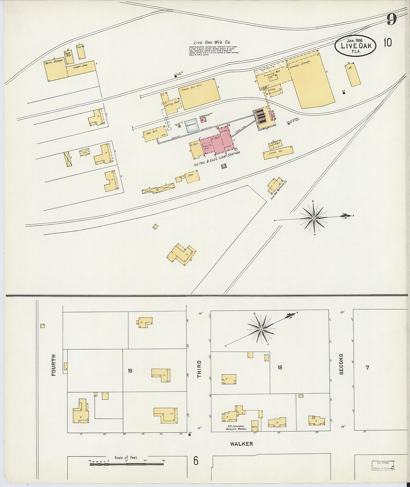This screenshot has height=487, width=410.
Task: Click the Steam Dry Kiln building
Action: click(x=199, y=94)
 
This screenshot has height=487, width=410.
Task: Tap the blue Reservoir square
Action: click(x=191, y=126)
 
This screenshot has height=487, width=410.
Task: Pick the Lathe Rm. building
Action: click(x=278, y=153)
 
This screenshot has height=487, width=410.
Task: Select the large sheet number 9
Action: click(x=391, y=19)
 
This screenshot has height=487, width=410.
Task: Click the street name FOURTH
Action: click(x=54, y=365)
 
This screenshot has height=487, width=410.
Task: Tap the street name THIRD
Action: click(x=199, y=369)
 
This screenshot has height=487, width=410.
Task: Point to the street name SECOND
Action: click(x=341, y=364)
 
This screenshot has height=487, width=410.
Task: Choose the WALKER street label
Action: click(x=242, y=444)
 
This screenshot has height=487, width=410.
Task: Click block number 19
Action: click(x=130, y=371)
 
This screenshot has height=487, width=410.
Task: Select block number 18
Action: click(x=280, y=367)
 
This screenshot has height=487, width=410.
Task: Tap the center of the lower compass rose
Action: click(x=262, y=329)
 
